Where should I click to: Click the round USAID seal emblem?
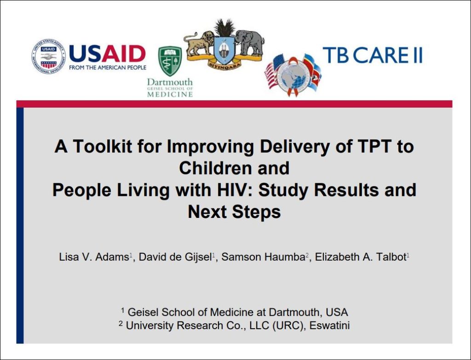tap(48, 56)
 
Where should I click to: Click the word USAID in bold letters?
tap(107, 54)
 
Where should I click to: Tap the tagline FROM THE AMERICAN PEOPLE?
tap(107, 68)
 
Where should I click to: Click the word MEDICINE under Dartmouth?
tap(170, 94)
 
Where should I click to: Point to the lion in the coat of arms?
tap(199, 43)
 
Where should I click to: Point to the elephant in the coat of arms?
tap(250, 42)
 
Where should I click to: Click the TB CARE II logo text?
tap(372, 55)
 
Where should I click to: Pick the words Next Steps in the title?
tap(234, 212)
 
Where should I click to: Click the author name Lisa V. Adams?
tap(94, 257)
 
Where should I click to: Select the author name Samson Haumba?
tap(263, 257)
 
